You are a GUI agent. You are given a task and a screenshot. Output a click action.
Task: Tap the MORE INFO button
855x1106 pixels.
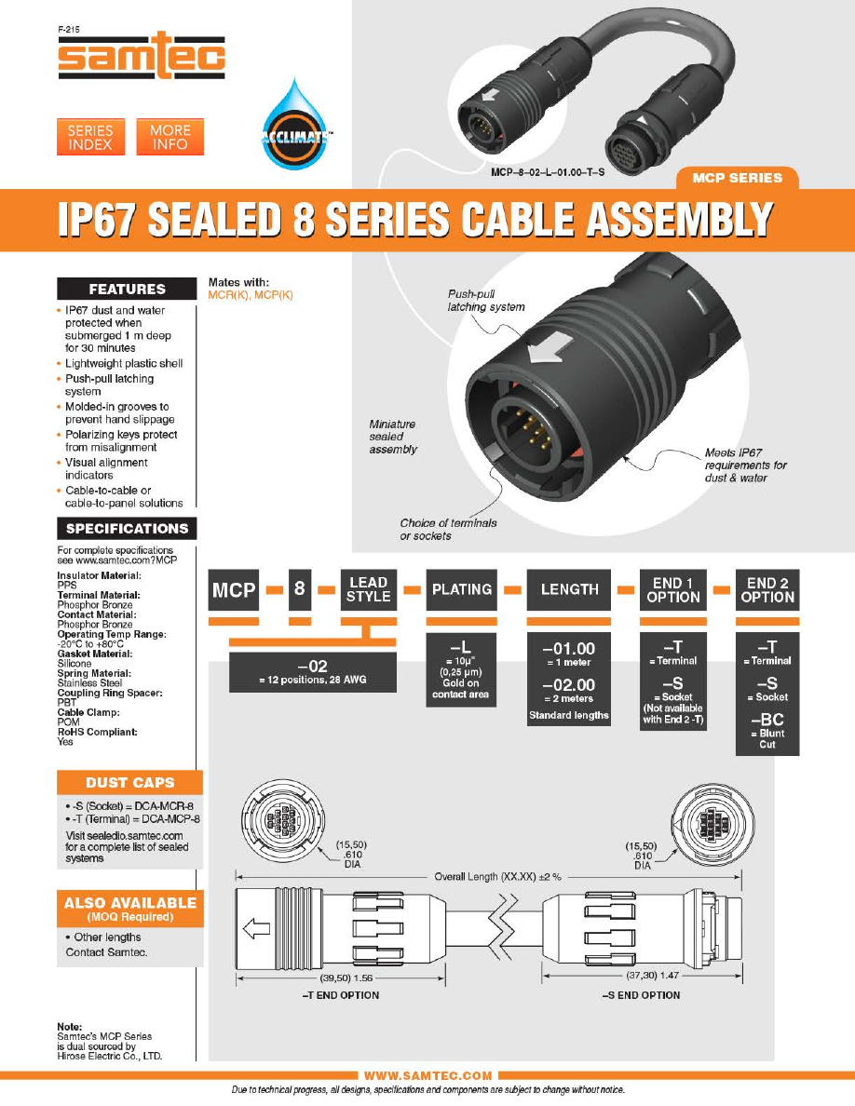170,137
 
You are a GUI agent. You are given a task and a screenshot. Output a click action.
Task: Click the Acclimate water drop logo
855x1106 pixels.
296,126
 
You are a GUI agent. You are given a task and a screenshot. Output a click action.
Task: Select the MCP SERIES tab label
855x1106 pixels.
738,178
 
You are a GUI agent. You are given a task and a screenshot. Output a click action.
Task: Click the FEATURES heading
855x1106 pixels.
127,290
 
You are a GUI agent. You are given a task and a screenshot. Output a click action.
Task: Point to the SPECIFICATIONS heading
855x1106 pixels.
127,528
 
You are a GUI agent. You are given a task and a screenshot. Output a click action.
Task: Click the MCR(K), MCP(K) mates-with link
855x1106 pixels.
251,295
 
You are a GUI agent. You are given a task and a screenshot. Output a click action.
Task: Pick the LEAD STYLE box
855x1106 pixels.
368,589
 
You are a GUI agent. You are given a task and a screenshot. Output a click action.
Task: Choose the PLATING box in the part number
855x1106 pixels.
462,589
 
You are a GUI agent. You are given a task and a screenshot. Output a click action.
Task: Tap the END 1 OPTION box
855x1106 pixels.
673,589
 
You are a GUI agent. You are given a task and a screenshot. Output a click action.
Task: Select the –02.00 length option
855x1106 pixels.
568,690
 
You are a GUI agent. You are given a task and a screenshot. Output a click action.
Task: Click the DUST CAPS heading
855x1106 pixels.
129,782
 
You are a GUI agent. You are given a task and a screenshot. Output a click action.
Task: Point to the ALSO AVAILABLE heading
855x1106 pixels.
130,909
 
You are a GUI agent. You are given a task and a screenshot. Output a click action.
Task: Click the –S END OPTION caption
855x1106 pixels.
641,995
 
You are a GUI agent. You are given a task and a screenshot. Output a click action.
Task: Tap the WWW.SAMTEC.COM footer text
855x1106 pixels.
428,1075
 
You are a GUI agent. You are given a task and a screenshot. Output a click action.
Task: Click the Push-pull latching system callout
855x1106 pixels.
486,301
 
